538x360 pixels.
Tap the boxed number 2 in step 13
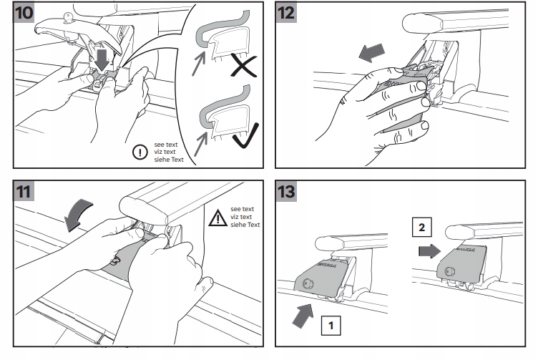coord(422,230)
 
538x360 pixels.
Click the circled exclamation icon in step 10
coord(139,152)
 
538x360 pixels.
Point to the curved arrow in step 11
coord(77,214)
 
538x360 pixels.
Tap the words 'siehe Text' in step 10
coord(168,160)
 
